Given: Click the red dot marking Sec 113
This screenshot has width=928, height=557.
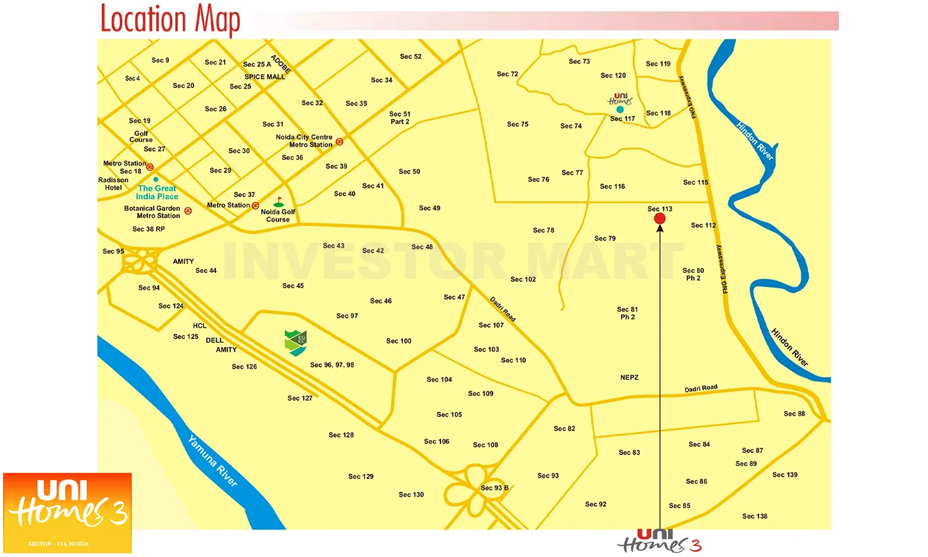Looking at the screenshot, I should (660, 218).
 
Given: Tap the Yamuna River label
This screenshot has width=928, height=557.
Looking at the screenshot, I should (212, 461).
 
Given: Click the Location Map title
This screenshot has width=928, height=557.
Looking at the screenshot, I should (170, 20).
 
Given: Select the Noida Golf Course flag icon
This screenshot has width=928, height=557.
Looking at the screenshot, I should (279, 202).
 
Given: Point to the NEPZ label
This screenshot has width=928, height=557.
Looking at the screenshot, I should (629, 378).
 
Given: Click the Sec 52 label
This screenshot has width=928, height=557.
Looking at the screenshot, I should (410, 56).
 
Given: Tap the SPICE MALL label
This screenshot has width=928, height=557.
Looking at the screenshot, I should (265, 77).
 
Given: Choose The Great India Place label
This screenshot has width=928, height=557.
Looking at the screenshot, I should (157, 192).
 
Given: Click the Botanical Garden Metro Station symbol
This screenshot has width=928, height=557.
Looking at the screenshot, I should (188, 211).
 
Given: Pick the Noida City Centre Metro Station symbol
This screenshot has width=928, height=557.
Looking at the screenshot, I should (339, 142).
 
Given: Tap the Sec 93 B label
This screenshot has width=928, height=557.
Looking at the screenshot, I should (494, 488).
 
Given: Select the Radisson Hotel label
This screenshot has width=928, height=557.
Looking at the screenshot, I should (113, 184).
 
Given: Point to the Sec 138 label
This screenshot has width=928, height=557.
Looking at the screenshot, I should (755, 516).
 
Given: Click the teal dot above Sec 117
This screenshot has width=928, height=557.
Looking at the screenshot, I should (620, 110).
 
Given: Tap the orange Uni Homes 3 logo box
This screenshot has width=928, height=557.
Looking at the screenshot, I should (67, 513).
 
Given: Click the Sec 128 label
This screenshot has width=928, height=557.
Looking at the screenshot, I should (341, 435).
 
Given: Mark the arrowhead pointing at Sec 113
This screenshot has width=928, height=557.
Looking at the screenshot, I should (660, 228).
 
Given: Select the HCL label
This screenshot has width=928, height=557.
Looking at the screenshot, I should (199, 326).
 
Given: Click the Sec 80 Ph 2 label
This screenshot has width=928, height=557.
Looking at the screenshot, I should (693, 274).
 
